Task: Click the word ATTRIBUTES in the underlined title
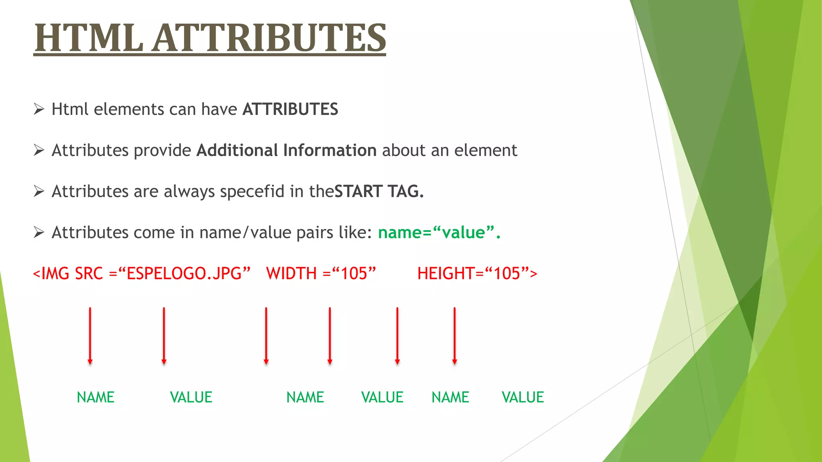click(x=269, y=38)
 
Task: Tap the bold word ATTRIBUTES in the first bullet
click(x=290, y=109)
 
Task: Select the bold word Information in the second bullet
click(x=330, y=150)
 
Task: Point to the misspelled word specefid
click(x=252, y=191)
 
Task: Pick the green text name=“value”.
click(x=439, y=233)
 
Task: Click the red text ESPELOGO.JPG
click(x=184, y=274)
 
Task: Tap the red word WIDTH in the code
click(x=291, y=274)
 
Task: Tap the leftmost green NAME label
click(x=96, y=397)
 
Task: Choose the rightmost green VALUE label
click(x=523, y=397)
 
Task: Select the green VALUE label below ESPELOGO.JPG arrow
click(x=191, y=397)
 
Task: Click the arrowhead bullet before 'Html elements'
click(x=39, y=109)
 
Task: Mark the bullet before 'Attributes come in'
click(x=39, y=233)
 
